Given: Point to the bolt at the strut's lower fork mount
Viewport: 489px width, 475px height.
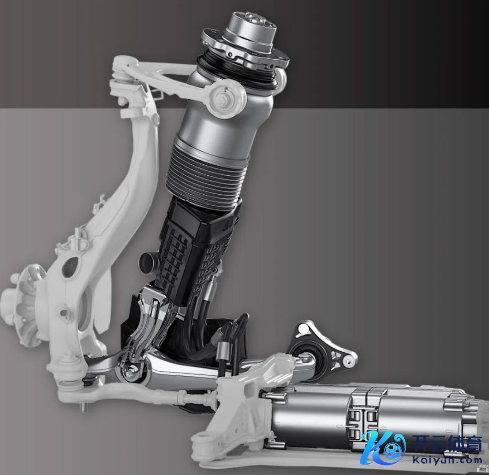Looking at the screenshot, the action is coord(131,372).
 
